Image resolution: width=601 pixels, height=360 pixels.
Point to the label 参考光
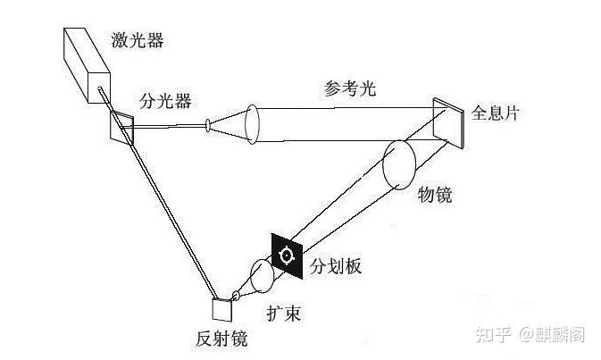350,88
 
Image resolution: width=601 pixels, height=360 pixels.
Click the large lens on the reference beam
253,122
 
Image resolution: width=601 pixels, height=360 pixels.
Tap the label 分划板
335,266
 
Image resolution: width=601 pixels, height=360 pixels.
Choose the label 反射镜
220,339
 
